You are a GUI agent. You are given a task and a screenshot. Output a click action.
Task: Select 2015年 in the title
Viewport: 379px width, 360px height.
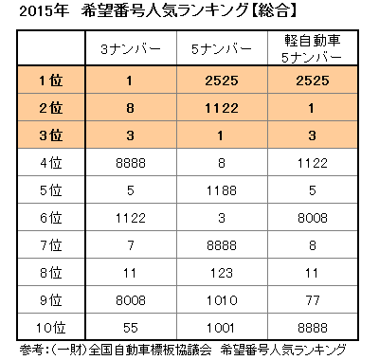point(30,12)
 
